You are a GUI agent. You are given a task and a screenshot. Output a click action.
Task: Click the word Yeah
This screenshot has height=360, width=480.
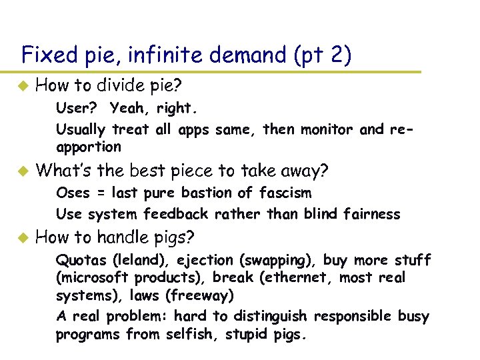(x=127, y=108)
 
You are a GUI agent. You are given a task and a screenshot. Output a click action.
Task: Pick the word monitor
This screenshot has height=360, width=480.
(x=323, y=129)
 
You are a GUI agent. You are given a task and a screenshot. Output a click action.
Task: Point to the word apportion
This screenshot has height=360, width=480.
(x=89, y=147)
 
